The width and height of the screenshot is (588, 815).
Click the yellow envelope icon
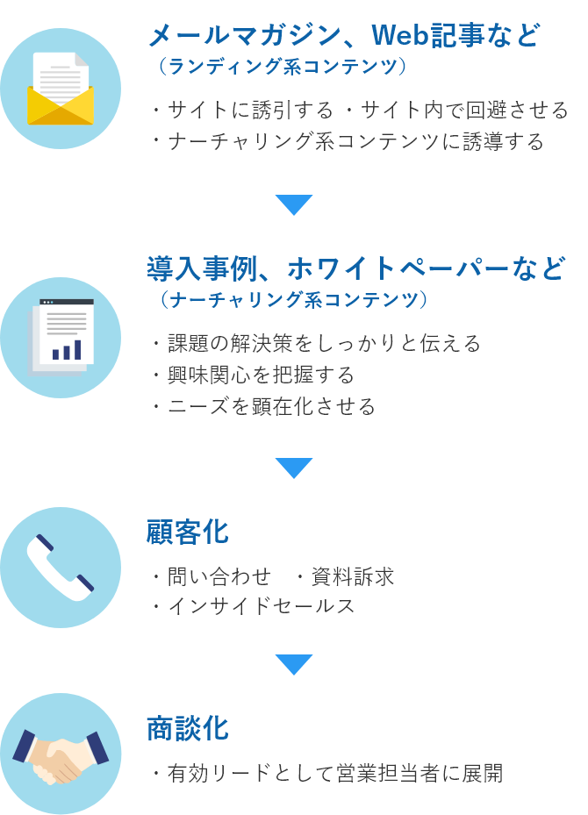[x=61, y=89]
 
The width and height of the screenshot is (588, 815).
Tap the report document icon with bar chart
[x=61, y=338]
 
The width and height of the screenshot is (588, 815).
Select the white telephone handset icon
[x=61, y=568]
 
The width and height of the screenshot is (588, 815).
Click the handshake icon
[x=61, y=756]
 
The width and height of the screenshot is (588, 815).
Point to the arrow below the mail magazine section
[x=294, y=204]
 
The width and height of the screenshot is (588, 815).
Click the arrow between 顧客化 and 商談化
[x=294, y=664]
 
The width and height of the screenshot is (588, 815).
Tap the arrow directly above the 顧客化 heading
[x=294, y=468]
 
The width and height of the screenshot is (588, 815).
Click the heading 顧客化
[x=188, y=533]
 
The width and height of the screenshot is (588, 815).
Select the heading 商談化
[x=188, y=728]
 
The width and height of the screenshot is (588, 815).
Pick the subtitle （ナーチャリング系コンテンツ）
[x=294, y=299]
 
